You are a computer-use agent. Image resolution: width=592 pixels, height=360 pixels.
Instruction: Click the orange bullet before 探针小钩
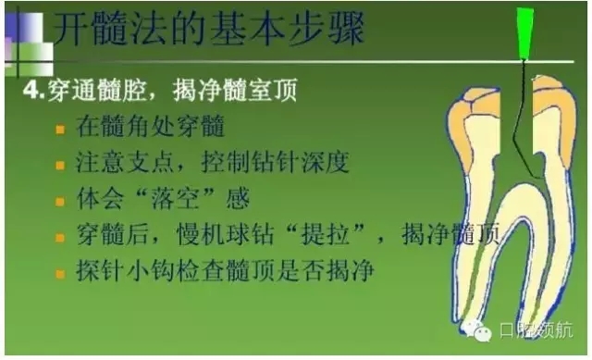point(61,271)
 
